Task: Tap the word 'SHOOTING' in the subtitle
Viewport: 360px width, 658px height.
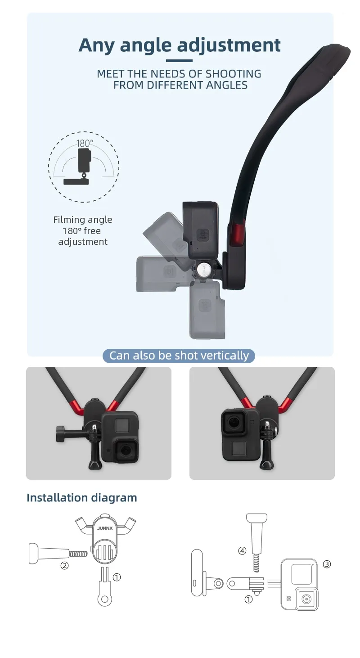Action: (x=233, y=74)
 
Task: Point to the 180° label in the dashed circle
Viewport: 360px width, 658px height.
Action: (x=85, y=143)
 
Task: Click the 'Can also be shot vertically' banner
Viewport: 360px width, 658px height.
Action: (x=179, y=356)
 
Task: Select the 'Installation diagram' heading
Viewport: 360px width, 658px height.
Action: (x=82, y=498)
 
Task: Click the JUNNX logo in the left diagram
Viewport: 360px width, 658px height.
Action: (x=105, y=528)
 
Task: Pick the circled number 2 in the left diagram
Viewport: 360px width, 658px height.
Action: (x=65, y=565)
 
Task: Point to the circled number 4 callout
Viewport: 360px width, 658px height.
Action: (x=242, y=550)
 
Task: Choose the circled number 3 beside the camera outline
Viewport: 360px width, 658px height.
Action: (x=327, y=564)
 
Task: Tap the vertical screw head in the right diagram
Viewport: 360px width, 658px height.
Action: (x=256, y=519)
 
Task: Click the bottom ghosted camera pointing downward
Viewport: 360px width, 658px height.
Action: (x=207, y=309)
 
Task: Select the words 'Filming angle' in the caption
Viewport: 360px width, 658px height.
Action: (x=83, y=220)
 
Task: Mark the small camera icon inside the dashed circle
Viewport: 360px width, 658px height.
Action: (x=84, y=160)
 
